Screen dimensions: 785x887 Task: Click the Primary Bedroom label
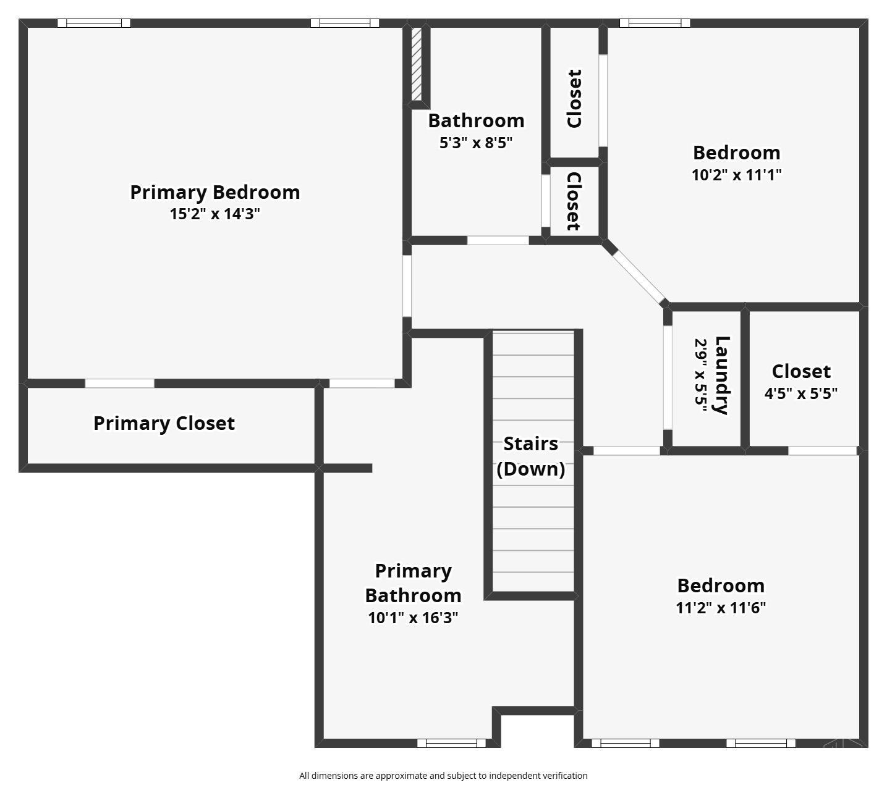click(x=214, y=192)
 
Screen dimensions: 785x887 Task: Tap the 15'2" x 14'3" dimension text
click(x=214, y=214)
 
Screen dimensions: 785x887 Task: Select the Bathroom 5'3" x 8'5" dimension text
click(x=475, y=143)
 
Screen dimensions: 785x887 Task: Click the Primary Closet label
click(x=164, y=424)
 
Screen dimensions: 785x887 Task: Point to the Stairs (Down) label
click(x=530, y=456)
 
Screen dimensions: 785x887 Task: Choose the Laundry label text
click(x=721, y=375)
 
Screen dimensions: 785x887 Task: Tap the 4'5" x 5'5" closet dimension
click(x=800, y=393)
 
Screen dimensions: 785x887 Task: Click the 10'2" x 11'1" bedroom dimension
click(x=736, y=175)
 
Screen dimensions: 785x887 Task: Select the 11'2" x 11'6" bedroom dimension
click(x=721, y=608)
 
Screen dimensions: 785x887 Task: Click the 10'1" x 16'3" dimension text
click(x=412, y=618)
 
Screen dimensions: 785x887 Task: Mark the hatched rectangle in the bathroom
click(x=417, y=64)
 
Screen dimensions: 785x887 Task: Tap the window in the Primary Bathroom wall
click(x=451, y=743)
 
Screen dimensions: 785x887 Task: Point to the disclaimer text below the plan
click(x=443, y=776)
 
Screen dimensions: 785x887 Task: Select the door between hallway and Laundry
click(x=668, y=377)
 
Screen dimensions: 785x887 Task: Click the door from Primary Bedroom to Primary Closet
click(x=119, y=384)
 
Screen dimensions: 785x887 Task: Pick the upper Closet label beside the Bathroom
click(x=574, y=99)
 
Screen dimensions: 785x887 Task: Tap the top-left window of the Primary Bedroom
click(x=94, y=23)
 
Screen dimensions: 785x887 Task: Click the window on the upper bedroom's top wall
click(x=655, y=23)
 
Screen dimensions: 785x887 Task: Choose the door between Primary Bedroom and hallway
click(x=407, y=285)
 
